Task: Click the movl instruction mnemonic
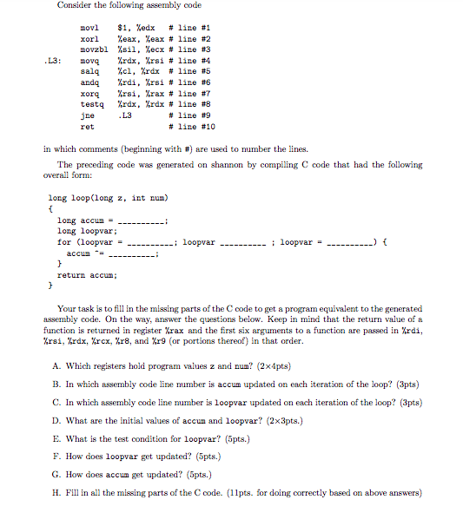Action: tap(89, 28)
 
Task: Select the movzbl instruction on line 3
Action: tap(93, 49)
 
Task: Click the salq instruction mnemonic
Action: tap(89, 71)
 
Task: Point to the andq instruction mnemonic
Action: tap(89, 82)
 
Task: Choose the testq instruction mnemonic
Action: tap(92, 104)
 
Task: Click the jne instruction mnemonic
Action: tap(87, 115)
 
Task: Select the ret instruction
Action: tap(87, 126)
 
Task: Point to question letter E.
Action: tap(56, 439)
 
